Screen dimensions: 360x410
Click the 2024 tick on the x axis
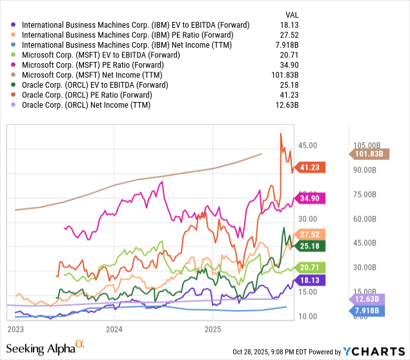point(114,329)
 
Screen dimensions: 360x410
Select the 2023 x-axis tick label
point(16,329)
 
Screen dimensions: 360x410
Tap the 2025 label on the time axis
point(213,329)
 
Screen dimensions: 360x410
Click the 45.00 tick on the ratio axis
point(307,146)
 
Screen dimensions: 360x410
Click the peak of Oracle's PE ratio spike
point(281,133)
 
